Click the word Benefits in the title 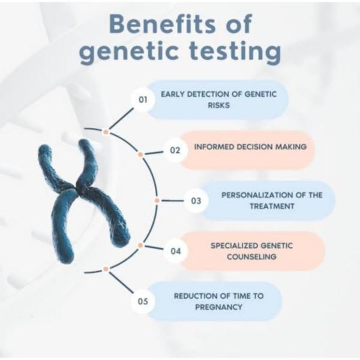click(x=163, y=23)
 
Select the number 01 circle click(x=143, y=100)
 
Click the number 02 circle click(x=175, y=151)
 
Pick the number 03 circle click(x=196, y=201)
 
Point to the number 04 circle click(x=176, y=251)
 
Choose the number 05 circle click(x=143, y=301)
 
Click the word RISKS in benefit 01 click(x=218, y=106)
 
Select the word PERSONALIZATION click(x=257, y=195)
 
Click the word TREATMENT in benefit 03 click(x=272, y=206)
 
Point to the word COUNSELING click(x=251, y=256)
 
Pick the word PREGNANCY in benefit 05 click(x=218, y=307)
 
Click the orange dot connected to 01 click(x=106, y=132)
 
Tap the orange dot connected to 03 click(x=157, y=200)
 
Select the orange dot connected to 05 click(x=106, y=269)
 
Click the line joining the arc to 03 click(x=173, y=200)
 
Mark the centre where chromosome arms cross click(x=74, y=186)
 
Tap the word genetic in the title click(x=129, y=52)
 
